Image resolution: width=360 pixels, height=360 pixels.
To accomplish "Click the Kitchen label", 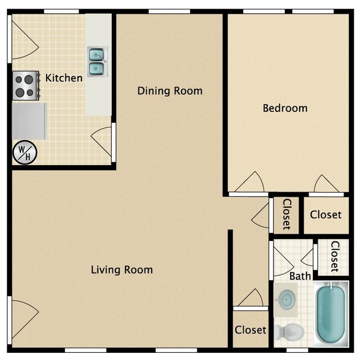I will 64,78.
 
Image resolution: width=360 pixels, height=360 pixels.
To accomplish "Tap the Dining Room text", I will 170,91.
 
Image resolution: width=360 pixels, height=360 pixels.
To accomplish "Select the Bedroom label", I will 285,108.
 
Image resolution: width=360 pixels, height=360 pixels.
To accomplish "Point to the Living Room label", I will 122,270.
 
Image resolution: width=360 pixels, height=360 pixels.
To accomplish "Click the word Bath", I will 300,276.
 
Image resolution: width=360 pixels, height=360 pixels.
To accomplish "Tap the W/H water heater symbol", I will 25,152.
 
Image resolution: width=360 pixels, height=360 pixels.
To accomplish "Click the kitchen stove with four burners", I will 26,85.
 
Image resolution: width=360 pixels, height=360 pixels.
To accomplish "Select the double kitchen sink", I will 96,61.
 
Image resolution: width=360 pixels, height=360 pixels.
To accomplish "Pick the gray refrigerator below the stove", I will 29,121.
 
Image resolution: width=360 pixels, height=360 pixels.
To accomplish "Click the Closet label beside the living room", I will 250,330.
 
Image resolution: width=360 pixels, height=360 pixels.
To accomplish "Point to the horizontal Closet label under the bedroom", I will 326,215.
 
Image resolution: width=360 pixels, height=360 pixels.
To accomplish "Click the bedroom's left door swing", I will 249,183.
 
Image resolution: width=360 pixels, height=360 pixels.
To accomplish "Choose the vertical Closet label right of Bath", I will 335,256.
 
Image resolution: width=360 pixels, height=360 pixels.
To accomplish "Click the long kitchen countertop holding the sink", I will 99,89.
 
